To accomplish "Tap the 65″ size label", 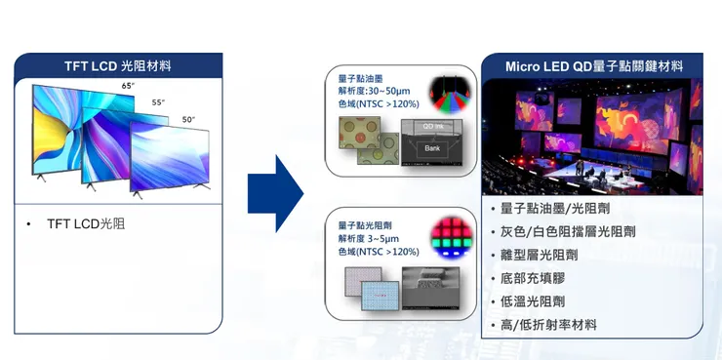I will click(128, 87).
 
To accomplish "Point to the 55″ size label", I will click(158, 102).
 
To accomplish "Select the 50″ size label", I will click(188, 119).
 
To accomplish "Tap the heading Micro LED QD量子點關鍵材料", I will click(594, 66).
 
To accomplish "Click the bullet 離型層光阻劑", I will click(539, 255).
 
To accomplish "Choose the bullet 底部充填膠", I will click(532, 278).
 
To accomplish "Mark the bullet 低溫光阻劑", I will click(532, 301).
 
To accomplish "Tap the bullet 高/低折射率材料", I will click(548, 325).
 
